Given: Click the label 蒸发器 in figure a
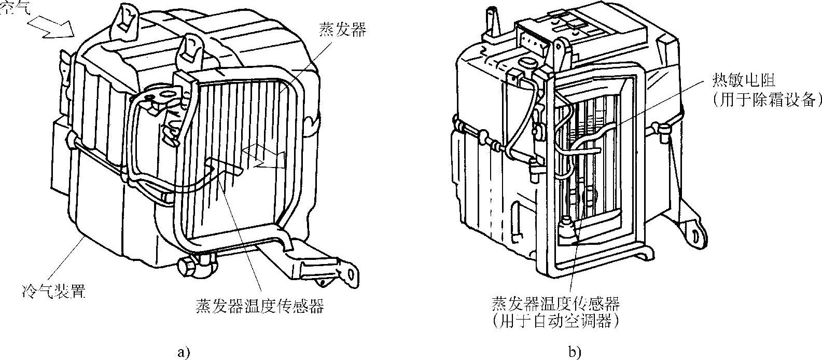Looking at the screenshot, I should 341,30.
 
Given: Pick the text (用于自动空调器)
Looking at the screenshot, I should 557,321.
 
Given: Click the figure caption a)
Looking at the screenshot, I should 184,352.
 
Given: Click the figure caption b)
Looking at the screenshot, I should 574,352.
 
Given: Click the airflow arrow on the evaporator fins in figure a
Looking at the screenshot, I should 264,158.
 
